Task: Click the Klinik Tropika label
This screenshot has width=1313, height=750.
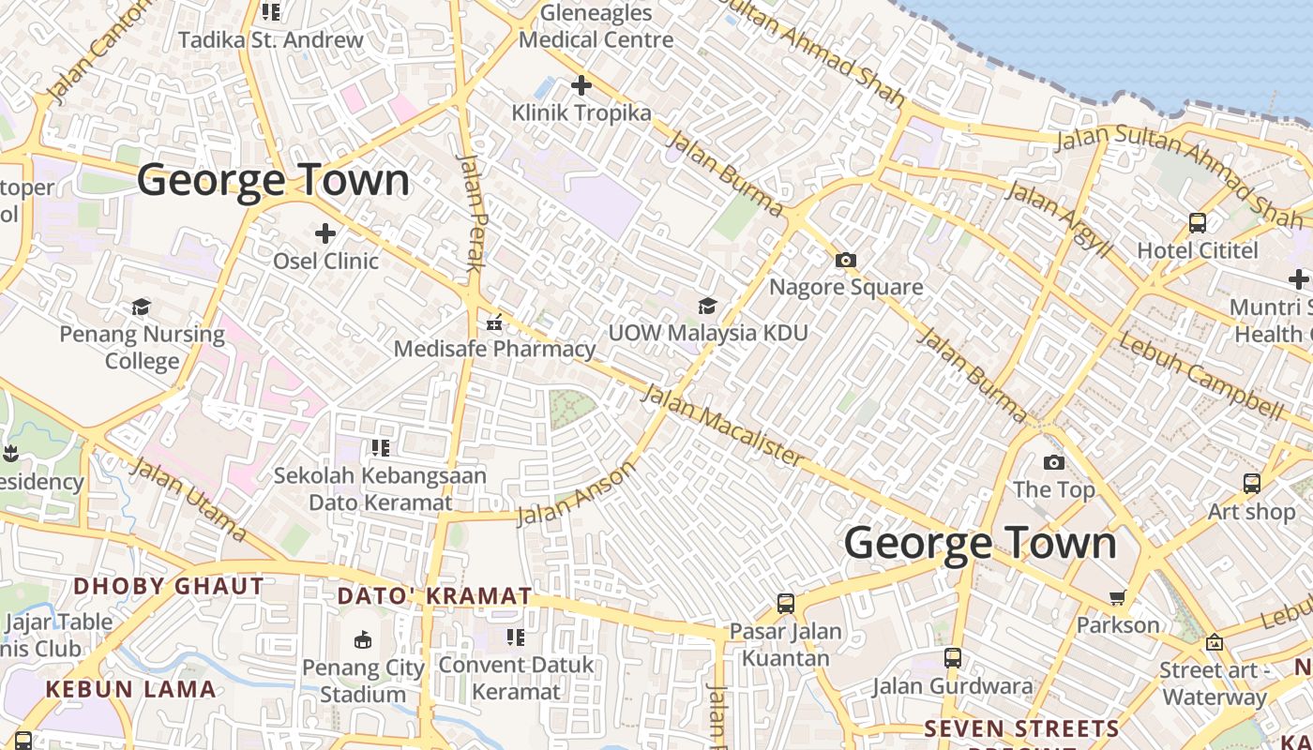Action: point(581,113)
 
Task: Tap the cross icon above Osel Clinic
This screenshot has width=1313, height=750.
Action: point(325,232)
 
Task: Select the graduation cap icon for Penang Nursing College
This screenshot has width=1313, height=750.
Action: point(142,307)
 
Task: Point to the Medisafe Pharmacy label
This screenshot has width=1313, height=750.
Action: point(494,349)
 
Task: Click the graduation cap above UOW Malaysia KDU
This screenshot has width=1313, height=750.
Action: point(707,306)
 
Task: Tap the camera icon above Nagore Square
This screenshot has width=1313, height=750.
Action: point(846,260)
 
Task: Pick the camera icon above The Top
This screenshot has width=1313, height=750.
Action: point(1054,462)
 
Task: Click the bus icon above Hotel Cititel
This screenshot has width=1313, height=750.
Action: point(1198,223)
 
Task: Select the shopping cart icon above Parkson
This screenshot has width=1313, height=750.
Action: point(1117,597)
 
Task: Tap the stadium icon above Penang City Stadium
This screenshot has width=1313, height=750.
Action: point(363,640)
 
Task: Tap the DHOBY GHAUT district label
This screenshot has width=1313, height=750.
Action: point(169,587)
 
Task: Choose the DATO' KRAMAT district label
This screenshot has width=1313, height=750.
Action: point(434,596)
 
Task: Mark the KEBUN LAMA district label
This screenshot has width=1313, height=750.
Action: point(130,689)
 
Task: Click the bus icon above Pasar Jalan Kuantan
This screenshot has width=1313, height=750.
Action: point(786,604)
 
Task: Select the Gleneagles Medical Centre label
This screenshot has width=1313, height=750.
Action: point(596,26)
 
